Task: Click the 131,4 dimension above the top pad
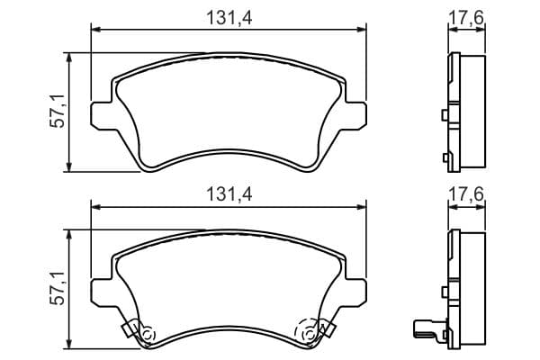[x=229, y=18]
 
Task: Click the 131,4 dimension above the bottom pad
[x=229, y=194]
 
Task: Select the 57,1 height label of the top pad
[x=57, y=112]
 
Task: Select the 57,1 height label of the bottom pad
[x=57, y=288]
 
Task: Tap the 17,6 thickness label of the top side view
[x=466, y=17]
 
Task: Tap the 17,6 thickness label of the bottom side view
[x=466, y=193]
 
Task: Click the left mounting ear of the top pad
[x=102, y=115]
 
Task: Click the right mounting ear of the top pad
[x=355, y=115]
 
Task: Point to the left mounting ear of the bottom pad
[x=102, y=292]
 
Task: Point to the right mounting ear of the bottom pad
[x=355, y=292]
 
